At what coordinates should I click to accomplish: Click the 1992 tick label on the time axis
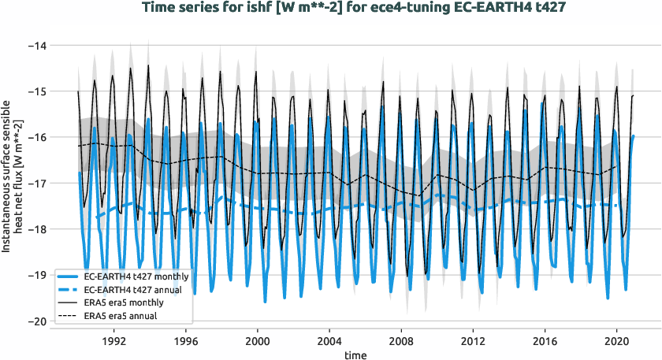pos(113,343)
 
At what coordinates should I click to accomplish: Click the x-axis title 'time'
pos(355,355)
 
